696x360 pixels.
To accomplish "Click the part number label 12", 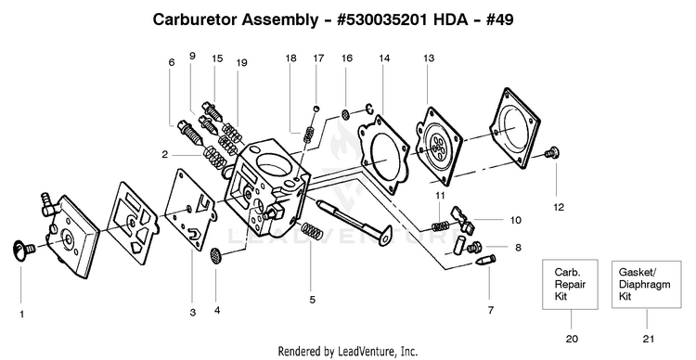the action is pos(559,207).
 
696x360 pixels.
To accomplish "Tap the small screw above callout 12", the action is pos(552,153).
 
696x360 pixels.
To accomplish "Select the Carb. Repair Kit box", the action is pos(571,284).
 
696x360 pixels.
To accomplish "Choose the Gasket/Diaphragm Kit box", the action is pos(646,284).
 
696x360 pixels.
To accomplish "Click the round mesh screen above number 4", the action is pos(215,254).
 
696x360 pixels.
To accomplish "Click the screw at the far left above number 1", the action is pos(23,251).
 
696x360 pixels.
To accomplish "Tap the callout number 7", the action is pos(491,310).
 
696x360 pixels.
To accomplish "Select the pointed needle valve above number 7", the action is pos(484,260).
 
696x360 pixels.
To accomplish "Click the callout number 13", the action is pos(429,58).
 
